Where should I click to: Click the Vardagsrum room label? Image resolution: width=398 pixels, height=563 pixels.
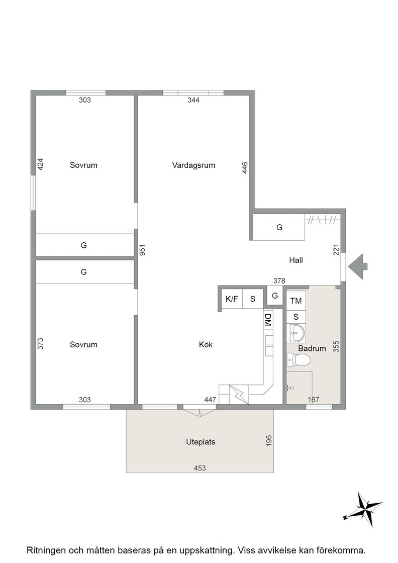coord(193,165)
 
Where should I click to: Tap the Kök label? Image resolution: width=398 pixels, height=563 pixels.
coord(206,345)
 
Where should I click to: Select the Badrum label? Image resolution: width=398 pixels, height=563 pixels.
coord(312,348)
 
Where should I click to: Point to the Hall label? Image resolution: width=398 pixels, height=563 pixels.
coord(296,260)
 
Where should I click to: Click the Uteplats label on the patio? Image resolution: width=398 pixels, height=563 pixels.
coord(201,442)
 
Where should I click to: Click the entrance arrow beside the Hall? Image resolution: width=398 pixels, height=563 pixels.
coord(357,266)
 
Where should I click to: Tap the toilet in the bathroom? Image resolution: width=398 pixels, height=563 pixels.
coord(298,359)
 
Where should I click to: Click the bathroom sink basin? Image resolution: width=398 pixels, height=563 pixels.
coord(297,332)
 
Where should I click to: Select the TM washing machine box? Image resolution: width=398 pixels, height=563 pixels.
coord(296,301)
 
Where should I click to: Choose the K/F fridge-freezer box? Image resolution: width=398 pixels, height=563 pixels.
coord(232,299)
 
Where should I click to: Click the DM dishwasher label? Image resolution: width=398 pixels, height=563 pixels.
coord(268,320)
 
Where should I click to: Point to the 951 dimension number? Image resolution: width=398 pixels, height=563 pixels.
coord(142,250)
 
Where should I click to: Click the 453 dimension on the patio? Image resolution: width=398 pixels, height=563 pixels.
coord(200,468)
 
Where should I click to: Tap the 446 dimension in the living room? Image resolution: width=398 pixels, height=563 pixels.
coord(245,168)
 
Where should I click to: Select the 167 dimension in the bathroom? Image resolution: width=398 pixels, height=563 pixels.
coord(313,400)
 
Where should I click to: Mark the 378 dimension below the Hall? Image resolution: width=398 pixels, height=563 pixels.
coord(279,281)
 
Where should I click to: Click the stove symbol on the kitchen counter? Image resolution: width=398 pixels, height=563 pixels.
coord(238,395)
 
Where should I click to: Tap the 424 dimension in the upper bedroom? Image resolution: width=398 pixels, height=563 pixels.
coord(40,164)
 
